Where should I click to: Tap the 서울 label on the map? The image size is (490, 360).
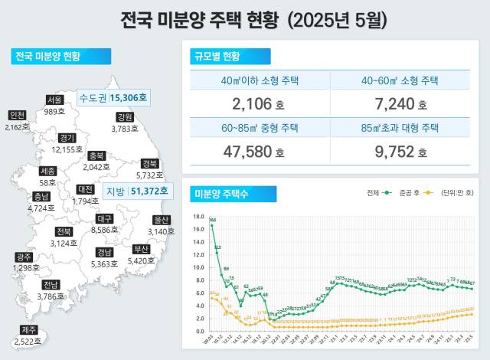tap(54, 100)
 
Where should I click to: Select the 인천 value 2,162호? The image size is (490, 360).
tap(15, 127)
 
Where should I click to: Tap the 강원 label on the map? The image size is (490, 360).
tap(125, 117)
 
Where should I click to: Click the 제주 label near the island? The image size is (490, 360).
tap(28, 329)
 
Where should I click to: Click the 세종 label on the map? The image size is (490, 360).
tap(47, 172)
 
